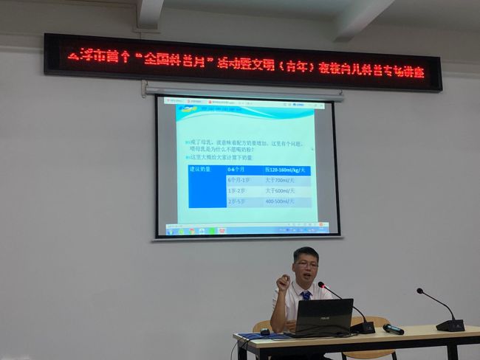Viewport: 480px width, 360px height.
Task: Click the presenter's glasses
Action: point(306,264)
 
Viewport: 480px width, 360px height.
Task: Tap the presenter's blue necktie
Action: point(306,294)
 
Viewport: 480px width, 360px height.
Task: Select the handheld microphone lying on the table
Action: point(393,329)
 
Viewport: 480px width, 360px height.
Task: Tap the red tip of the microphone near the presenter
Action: point(320,284)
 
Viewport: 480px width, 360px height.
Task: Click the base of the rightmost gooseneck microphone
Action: point(450,325)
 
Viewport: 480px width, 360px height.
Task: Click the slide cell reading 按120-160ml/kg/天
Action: point(287,170)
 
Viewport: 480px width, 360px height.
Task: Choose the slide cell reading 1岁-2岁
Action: point(239,191)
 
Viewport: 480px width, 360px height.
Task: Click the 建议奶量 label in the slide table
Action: point(202,170)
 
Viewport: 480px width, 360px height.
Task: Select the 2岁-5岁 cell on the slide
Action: point(239,201)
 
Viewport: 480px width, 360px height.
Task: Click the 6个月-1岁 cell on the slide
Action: point(242,181)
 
